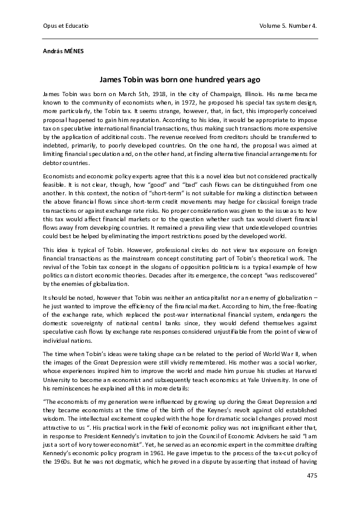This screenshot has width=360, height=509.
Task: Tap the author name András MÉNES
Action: click(64, 51)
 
